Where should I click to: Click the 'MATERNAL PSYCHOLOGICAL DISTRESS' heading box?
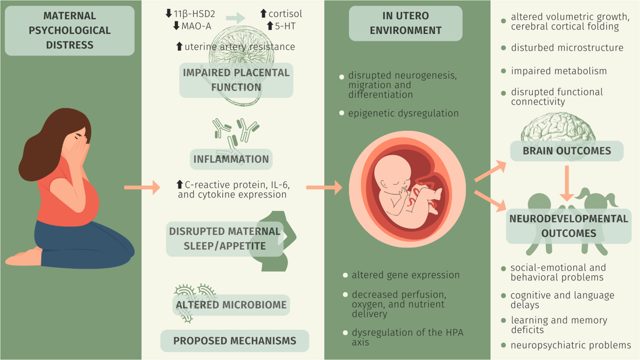(69, 31)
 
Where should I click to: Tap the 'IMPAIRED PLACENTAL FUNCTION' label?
(236, 80)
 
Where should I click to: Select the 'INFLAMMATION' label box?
(231, 159)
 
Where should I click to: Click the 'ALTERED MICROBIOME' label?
(231, 305)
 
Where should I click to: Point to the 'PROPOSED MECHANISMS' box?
(235, 340)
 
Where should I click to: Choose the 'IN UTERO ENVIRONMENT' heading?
(406, 23)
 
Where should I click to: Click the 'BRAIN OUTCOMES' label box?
(566, 151)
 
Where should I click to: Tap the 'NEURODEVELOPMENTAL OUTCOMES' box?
(569, 226)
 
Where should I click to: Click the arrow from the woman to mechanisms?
(142, 187)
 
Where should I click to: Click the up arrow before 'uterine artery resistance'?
(179, 47)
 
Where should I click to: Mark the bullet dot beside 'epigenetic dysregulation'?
(342, 113)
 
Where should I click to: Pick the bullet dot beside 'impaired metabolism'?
(503, 71)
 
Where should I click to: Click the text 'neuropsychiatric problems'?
(571, 345)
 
